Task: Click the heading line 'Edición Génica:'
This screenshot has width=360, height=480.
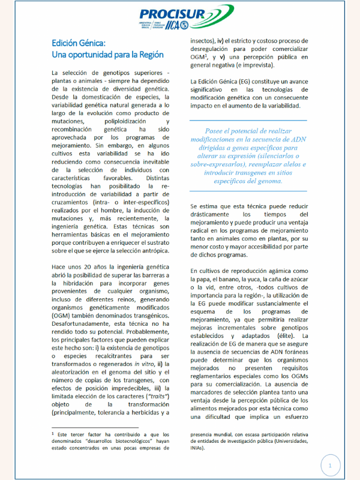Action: [x=79, y=43]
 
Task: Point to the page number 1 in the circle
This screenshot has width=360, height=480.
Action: [x=329, y=465]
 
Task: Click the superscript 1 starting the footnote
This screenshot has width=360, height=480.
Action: [x=53, y=431]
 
